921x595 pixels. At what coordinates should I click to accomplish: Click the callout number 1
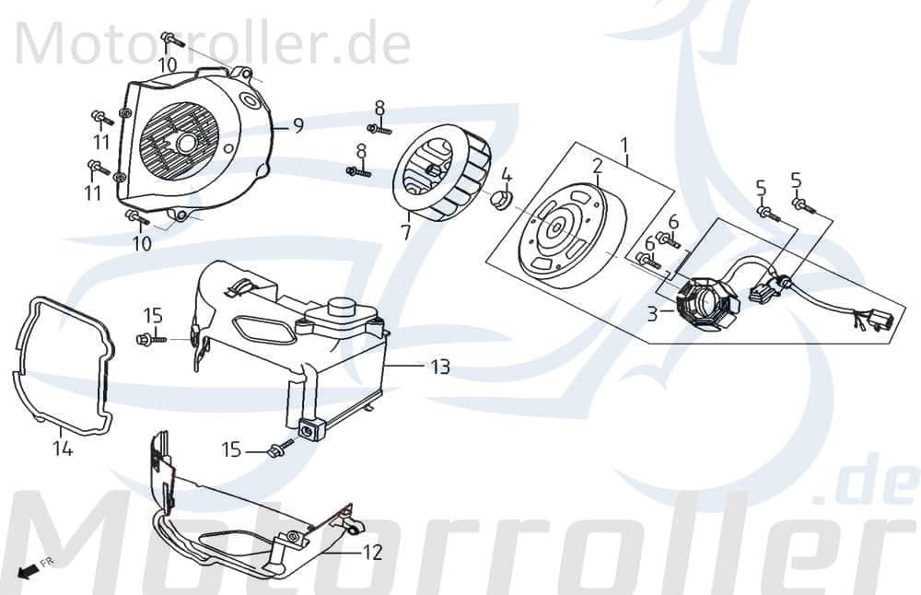tap(624, 146)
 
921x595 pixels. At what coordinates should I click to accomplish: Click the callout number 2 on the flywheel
tap(598, 167)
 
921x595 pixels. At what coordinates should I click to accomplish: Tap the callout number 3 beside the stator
tap(652, 314)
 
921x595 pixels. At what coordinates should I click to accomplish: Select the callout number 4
tap(507, 175)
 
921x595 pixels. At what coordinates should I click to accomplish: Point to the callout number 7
tap(406, 232)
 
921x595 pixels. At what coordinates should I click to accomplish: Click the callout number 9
tap(297, 126)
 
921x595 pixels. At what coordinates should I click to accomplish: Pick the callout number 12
tap(372, 554)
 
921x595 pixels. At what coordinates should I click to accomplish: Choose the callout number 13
tap(439, 367)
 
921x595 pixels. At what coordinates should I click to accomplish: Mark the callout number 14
tap(62, 449)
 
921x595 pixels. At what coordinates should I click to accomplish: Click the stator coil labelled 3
tap(705, 302)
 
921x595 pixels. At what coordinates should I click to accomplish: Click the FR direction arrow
tap(32, 568)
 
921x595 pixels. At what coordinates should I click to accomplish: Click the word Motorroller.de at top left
tap(212, 44)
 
